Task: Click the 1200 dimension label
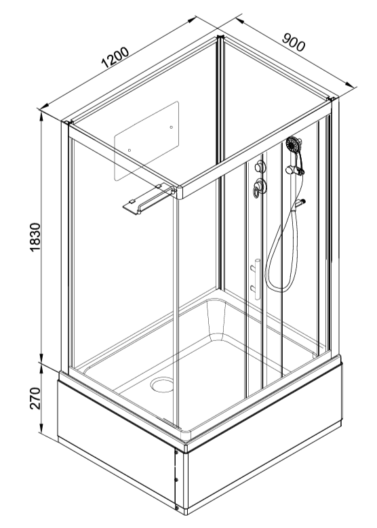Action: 115,57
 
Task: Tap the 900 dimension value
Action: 294,42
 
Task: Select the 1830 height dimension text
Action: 35,237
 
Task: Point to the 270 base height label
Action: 35,398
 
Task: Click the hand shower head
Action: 294,144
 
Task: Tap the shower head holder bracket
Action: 294,170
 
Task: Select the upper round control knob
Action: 260,166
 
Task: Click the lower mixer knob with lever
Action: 259,187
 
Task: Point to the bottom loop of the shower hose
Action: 279,288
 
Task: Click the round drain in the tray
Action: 162,385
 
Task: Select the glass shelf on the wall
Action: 148,199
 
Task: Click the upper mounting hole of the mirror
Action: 172,127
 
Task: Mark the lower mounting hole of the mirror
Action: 130,150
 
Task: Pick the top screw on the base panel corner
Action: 176,453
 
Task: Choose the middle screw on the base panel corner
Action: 176,479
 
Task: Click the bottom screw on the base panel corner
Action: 177,507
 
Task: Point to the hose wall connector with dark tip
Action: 300,203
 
